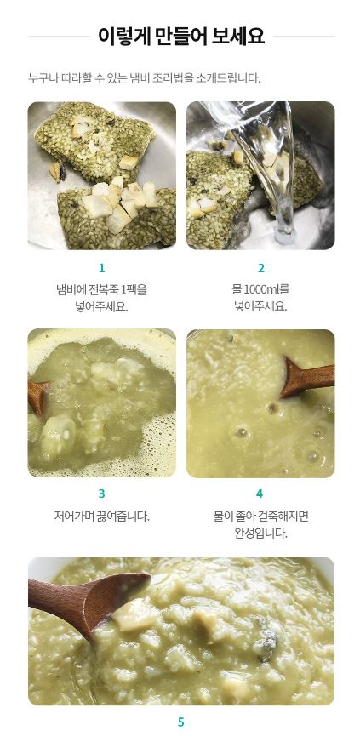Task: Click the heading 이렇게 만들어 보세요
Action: (x=181, y=36)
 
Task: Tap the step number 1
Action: (x=102, y=268)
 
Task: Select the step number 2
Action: (x=260, y=268)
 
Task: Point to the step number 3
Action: (x=102, y=494)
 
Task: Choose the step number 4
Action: (x=260, y=494)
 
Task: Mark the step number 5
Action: (x=180, y=722)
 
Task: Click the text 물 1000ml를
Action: (x=260, y=289)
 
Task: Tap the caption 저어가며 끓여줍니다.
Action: (x=102, y=516)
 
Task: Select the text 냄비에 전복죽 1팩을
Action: (x=102, y=289)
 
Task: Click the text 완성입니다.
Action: (x=260, y=534)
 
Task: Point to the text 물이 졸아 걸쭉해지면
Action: (x=260, y=516)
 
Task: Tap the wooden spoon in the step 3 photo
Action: (x=37, y=397)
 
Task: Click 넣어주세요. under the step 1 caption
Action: (x=102, y=306)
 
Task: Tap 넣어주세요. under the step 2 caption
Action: (x=260, y=306)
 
